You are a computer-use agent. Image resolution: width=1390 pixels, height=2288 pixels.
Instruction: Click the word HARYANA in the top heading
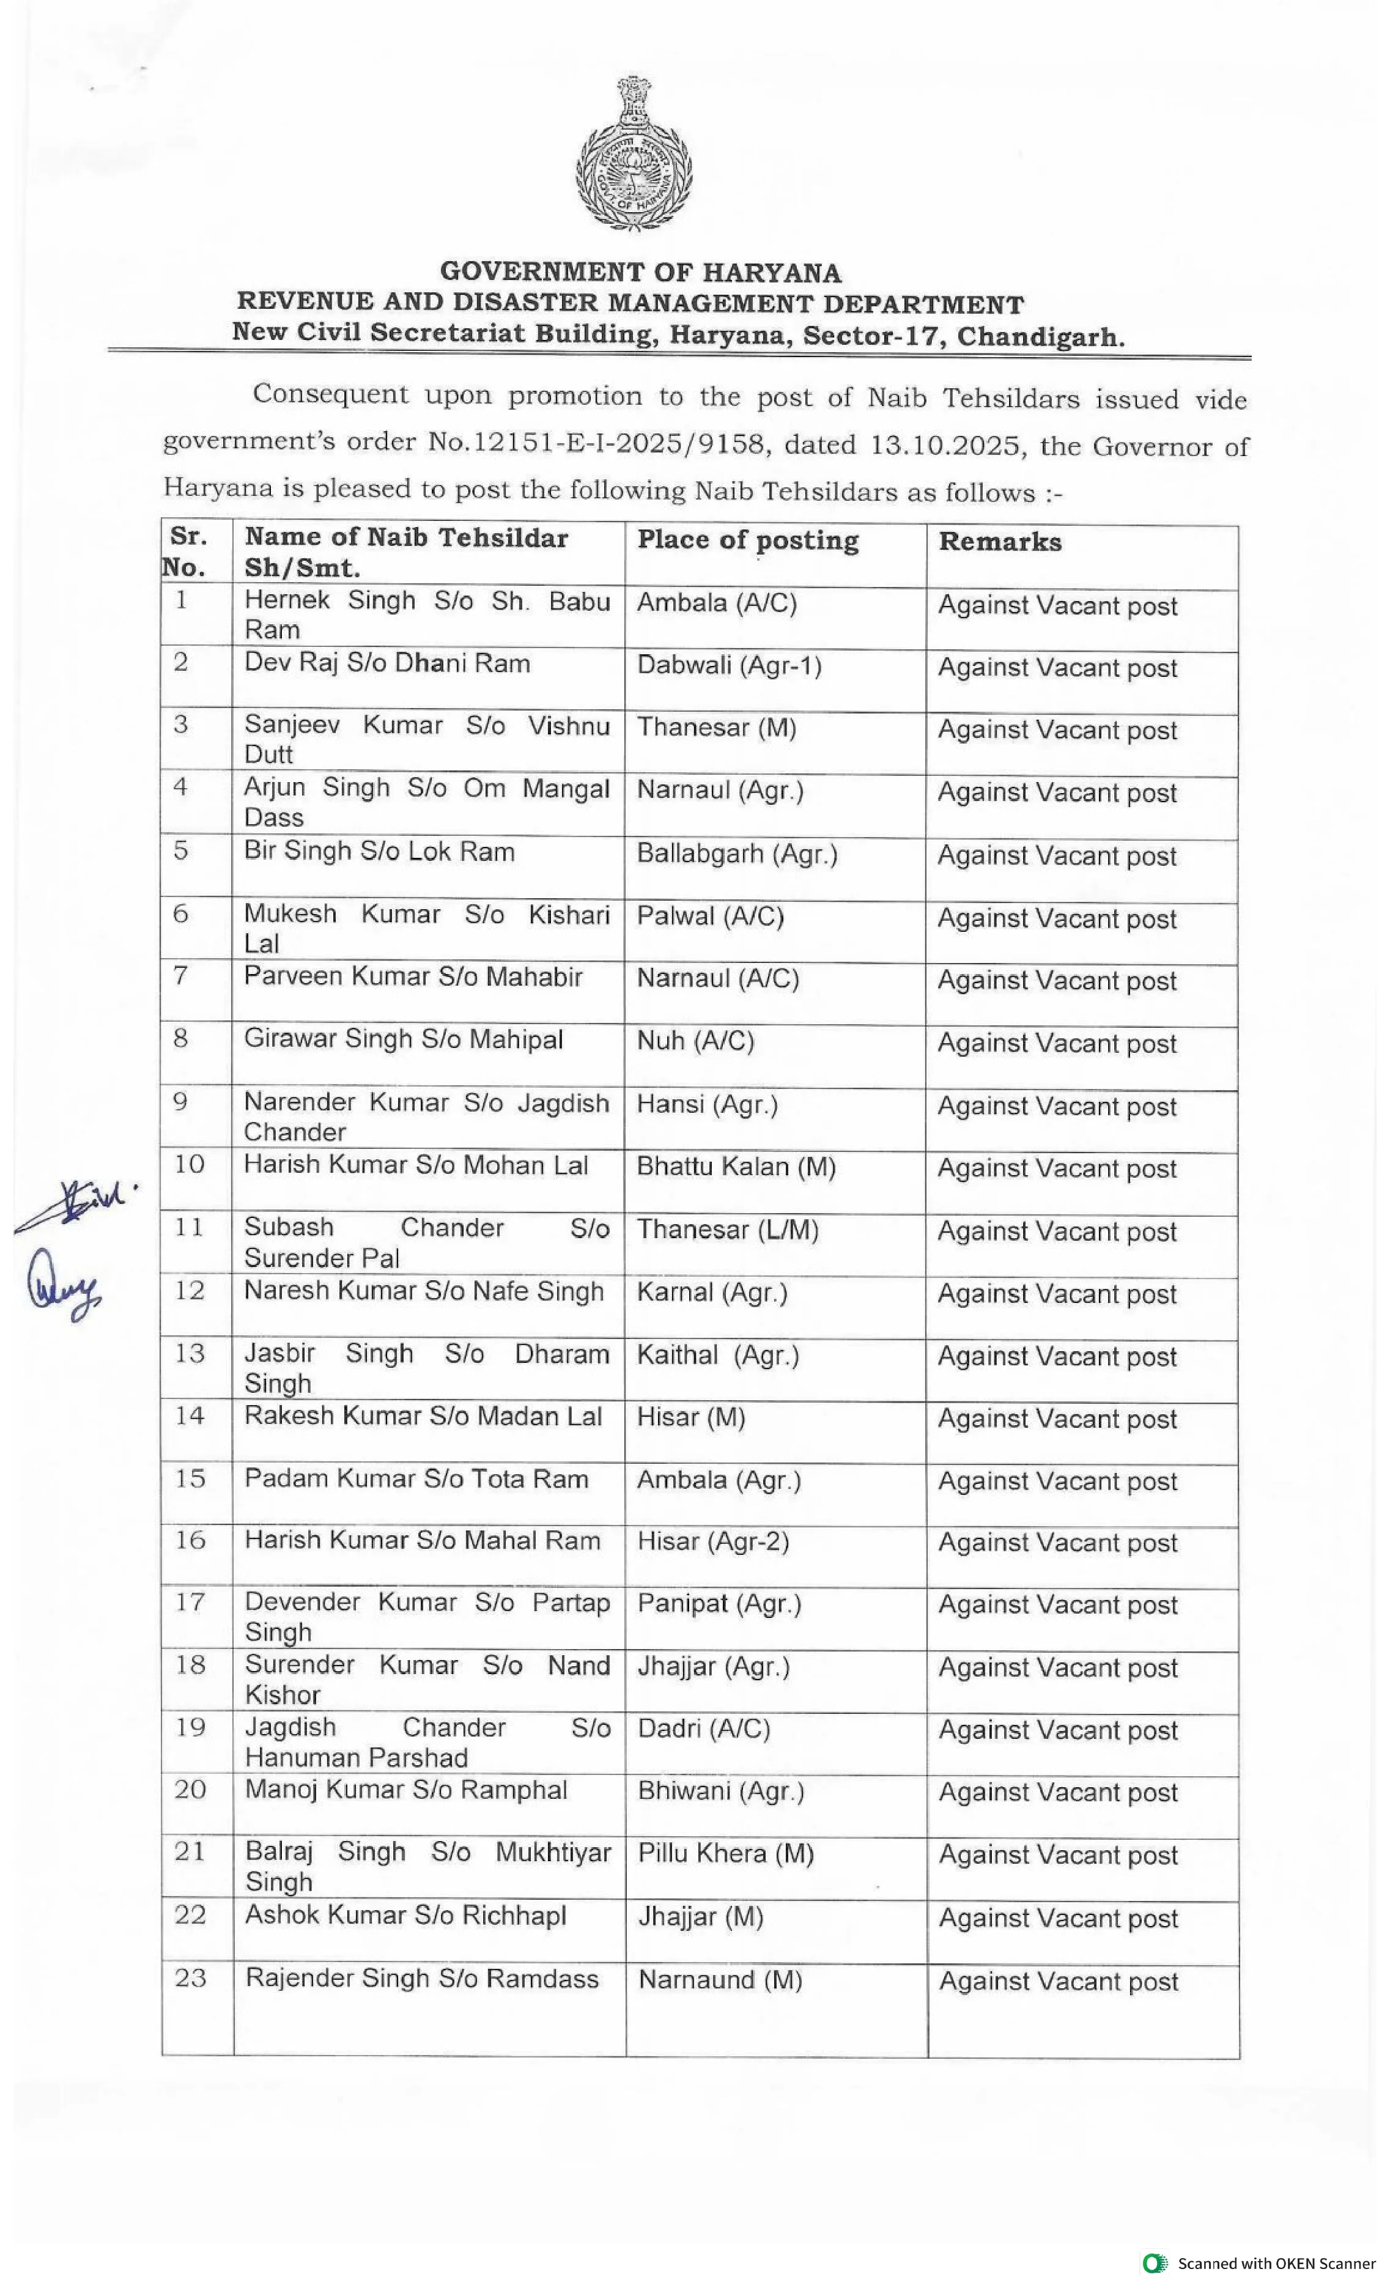[772, 273]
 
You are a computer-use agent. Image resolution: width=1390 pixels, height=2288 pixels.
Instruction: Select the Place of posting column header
[747, 541]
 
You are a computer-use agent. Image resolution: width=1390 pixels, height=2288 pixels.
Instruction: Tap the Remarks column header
[999, 542]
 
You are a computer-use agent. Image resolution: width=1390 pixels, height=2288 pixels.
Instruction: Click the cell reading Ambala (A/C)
[717, 603]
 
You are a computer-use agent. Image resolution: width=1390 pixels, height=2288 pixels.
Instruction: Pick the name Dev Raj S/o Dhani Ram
[387, 664]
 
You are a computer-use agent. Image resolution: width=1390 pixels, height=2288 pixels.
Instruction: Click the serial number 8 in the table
[181, 1038]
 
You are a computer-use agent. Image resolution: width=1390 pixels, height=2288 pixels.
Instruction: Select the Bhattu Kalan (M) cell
[736, 1167]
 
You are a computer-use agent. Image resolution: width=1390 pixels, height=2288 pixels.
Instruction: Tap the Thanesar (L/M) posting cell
[727, 1230]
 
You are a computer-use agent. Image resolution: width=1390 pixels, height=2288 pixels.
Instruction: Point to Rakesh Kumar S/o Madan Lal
[423, 1416]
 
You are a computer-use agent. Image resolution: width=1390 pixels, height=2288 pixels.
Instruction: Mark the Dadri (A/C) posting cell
[704, 1729]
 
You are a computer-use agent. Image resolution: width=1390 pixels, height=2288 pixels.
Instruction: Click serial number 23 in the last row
[190, 1978]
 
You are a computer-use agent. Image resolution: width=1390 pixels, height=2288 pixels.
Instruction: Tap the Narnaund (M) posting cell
[720, 1980]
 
